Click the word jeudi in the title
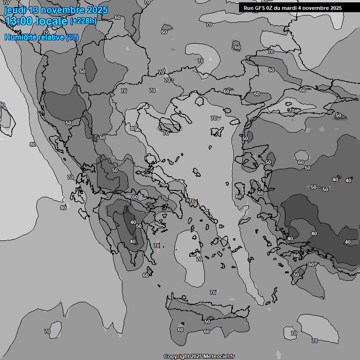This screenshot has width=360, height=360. point(15,10)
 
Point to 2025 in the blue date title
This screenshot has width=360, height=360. point(97,10)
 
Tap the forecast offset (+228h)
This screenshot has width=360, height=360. point(83,21)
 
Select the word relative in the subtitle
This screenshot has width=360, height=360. point(50,37)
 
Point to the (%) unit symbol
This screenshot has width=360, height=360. point(72,37)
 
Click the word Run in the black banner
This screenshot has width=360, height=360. point(249,8)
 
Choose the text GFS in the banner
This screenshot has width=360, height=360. point(261,8)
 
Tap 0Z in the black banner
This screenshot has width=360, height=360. point(271,8)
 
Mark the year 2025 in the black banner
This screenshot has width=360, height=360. point(336,8)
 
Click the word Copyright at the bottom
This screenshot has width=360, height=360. point(177,356)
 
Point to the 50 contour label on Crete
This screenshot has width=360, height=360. point(207,322)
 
